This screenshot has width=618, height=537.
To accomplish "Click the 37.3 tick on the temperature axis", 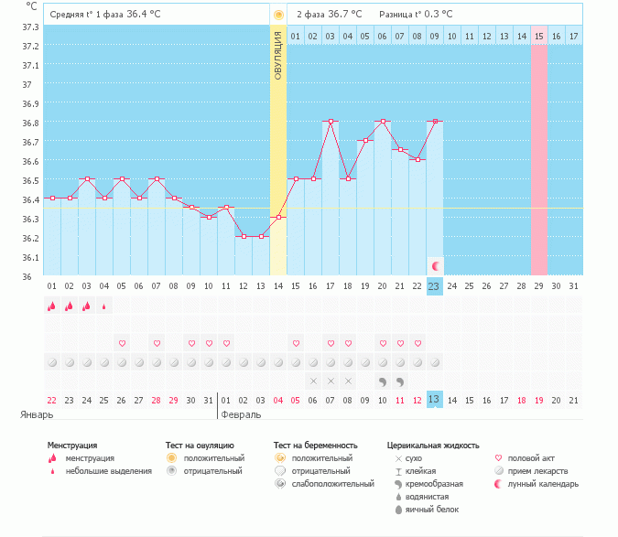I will coord(30,27).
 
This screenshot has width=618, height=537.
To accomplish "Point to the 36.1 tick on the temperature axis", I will coord(30,257).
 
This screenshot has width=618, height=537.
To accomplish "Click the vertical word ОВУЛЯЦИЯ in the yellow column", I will coord(278,55).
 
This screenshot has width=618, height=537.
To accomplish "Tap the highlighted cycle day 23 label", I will coord(434,285).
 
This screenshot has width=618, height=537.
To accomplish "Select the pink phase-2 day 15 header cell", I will coord(539,36).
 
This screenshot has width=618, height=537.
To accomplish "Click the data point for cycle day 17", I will coord(331,121).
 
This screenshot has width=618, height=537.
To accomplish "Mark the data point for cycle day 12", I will coord(244,236).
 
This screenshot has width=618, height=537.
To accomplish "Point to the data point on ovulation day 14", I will coord(278,217).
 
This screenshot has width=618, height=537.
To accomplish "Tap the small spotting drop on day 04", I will coord(103,306).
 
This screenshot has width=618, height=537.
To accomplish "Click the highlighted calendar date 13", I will coord(434,399).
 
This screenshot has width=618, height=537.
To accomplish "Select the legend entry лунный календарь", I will coord(542,483).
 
